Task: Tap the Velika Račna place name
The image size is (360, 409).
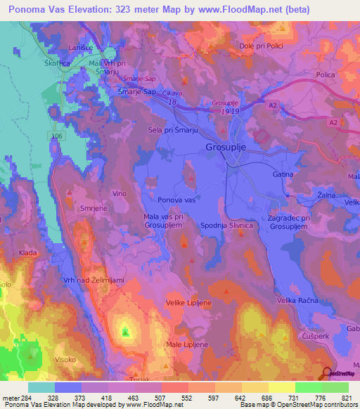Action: (x=298, y=300)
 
